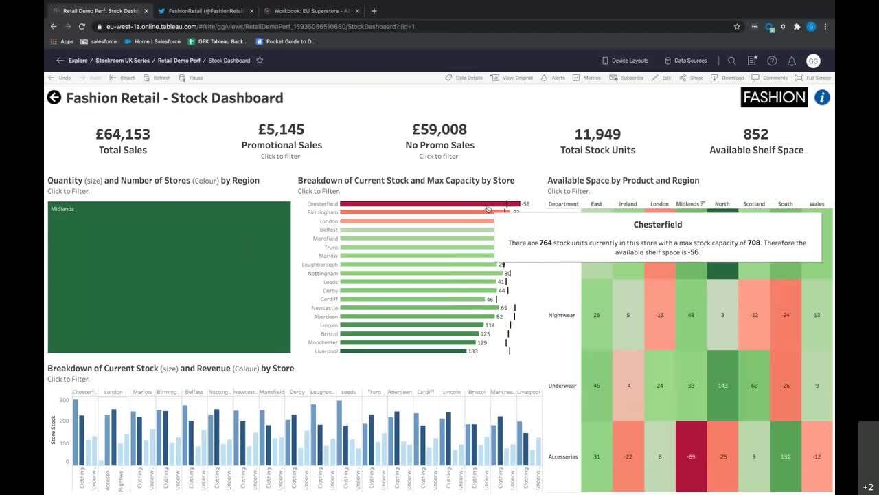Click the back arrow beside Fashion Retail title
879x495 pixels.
tap(54, 98)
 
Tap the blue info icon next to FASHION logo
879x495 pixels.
tap(822, 98)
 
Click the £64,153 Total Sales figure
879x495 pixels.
tap(123, 134)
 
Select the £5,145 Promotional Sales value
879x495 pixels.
tap(282, 129)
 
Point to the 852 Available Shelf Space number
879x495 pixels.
tap(755, 134)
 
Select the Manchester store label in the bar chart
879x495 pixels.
tap(323, 342)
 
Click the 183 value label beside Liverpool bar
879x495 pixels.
tap(472, 351)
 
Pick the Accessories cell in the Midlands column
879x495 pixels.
tap(691, 456)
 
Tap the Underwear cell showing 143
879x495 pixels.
tap(722, 386)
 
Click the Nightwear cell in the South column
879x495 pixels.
tap(786, 315)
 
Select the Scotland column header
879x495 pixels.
tap(753, 204)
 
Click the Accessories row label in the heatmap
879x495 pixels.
tap(562, 456)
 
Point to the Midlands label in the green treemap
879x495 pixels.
tap(62, 209)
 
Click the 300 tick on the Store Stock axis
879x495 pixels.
tap(65, 400)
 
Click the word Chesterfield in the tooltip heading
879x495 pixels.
tap(658, 225)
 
